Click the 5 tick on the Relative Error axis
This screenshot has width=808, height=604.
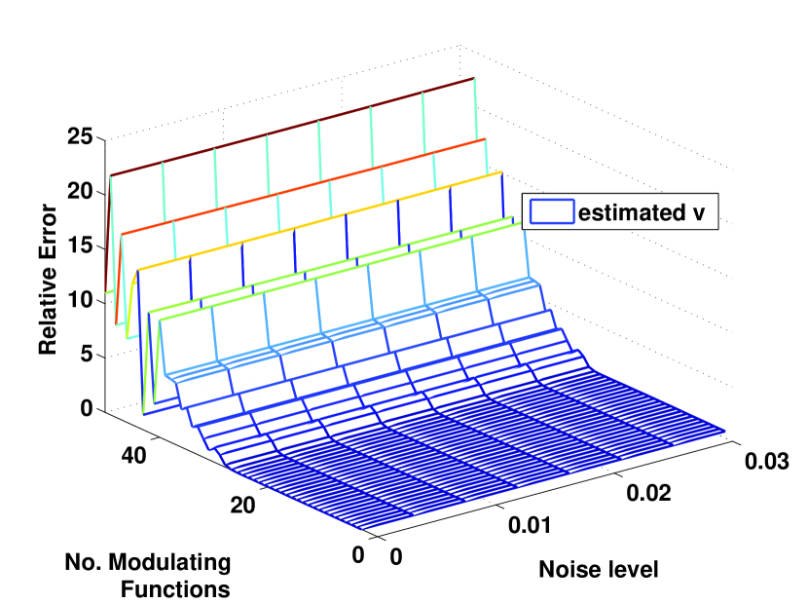(x=86, y=355)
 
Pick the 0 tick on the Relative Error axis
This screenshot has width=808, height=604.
(x=86, y=409)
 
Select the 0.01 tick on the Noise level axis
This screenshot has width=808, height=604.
(x=531, y=527)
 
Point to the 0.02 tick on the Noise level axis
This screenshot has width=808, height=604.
(x=647, y=494)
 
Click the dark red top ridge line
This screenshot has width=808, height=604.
(x=292, y=128)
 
